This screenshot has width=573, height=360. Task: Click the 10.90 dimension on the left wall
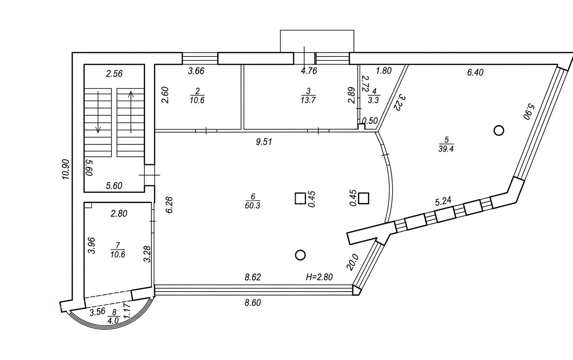(x=66, y=169)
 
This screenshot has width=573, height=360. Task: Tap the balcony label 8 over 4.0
(x=113, y=316)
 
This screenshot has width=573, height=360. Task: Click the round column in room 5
(x=499, y=131)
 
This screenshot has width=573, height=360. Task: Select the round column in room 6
(x=300, y=255)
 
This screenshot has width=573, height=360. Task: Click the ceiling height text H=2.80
(x=319, y=277)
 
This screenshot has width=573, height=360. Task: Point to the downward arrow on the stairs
(x=98, y=112)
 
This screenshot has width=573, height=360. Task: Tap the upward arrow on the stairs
(x=131, y=112)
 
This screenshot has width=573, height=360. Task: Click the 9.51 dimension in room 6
(x=264, y=142)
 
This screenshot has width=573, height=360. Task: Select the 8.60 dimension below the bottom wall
(x=253, y=303)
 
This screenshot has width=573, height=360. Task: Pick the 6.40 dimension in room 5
(x=475, y=72)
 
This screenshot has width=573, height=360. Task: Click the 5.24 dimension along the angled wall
(x=443, y=201)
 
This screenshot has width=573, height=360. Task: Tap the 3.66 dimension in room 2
(x=196, y=71)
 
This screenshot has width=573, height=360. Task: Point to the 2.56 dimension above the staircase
(x=114, y=74)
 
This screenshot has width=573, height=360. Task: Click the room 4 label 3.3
(x=373, y=96)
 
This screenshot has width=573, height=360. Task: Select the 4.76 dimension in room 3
(x=309, y=71)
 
